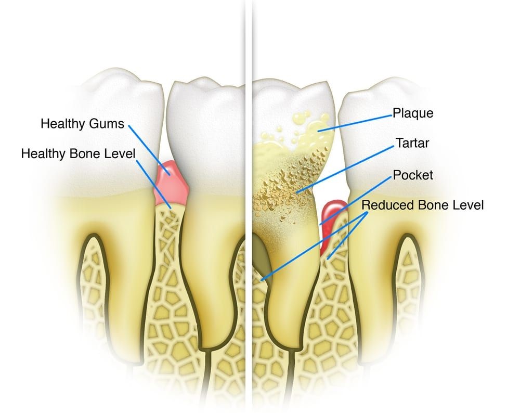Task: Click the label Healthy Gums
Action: click(x=82, y=124)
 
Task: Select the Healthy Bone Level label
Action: click(x=79, y=153)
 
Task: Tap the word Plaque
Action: click(x=413, y=113)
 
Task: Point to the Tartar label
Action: click(x=412, y=143)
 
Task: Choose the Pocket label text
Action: click(x=413, y=175)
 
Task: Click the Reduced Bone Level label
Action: click(x=422, y=204)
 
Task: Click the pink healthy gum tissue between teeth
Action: click(x=171, y=183)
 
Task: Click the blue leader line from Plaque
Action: click(x=355, y=123)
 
